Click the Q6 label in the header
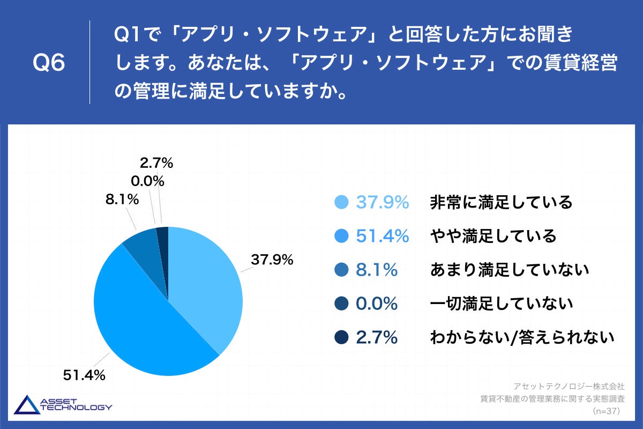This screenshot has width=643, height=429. (x=49, y=63)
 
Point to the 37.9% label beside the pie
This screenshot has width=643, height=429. (x=272, y=260)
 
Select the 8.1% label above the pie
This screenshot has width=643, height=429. (x=122, y=199)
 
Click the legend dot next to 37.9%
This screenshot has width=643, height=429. (x=341, y=203)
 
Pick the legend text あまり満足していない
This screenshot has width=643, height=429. (x=510, y=270)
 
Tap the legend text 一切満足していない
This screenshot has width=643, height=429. (x=502, y=304)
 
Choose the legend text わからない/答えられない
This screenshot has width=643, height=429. (x=521, y=337)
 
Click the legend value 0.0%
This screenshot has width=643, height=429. (x=377, y=304)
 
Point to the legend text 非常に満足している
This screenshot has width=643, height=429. (x=502, y=203)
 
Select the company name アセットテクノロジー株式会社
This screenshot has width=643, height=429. (x=570, y=386)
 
